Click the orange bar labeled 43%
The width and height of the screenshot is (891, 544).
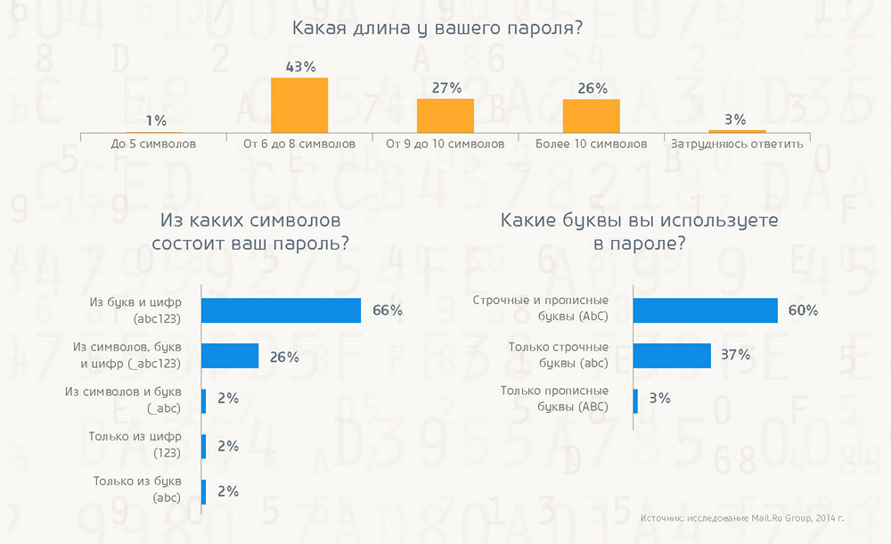[x=299, y=105]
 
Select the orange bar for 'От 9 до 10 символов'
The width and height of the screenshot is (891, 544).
[x=445, y=116]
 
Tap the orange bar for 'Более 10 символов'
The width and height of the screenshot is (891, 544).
[x=591, y=116]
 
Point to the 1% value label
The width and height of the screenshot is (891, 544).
[x=157, y=120]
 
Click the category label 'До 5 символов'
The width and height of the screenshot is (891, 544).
[x=154, y=144]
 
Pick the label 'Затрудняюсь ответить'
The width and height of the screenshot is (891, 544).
[x=737, y=144]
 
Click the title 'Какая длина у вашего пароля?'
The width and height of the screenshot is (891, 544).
[x=437, y=29]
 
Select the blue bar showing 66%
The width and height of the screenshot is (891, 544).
[x=281, y=310]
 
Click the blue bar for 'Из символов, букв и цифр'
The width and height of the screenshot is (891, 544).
[x=230, y=356]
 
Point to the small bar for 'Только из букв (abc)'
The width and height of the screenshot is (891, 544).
[x=204, y=491]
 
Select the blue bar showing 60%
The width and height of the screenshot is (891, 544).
[x=705, y=309]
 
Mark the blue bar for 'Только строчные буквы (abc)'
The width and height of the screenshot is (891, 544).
[x=672, y=355]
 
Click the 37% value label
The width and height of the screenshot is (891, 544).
[x=735, y=355]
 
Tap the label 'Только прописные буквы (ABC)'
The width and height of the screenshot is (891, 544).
[x=554, y=399]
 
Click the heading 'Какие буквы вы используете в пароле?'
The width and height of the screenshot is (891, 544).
[x=639, y=231]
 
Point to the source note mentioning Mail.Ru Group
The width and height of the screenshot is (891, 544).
[x=741, y=518]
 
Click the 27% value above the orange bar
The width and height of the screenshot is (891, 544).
[x=445, y=87]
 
